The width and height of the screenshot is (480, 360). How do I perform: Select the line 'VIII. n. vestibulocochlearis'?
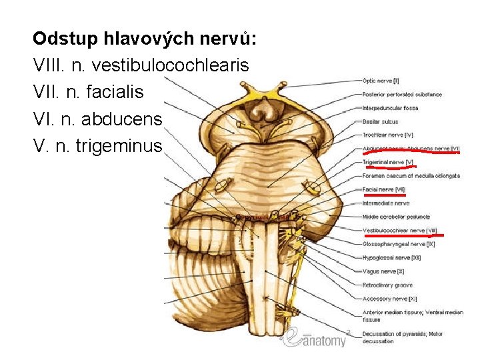tap(141, 65)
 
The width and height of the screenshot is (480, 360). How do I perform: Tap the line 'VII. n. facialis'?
tap(88, 91)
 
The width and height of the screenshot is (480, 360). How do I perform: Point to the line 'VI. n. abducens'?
tap(97, 118)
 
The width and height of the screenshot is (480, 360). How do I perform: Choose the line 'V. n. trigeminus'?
tap(97, 145)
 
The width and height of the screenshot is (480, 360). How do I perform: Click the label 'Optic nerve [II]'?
tap(381, 81)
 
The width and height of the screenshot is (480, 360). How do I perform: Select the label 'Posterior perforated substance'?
tap(402, 95)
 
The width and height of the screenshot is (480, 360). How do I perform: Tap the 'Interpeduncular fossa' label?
tap(390, 108)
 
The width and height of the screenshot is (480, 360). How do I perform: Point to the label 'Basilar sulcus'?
tap(380, 122)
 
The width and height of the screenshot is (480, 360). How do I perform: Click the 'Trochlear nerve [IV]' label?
tap(388, 135)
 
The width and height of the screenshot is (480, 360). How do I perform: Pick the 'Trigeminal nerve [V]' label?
tap(388, 162)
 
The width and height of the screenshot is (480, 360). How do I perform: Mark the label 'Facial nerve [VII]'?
tap(384, 189)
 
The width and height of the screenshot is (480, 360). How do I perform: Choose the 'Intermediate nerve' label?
tap(385, 203)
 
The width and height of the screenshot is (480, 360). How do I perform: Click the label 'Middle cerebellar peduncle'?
tap(396, 217)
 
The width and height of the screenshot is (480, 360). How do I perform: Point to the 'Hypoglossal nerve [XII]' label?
tap(391, 257)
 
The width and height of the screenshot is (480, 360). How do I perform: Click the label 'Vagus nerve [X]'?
tap(383, 271)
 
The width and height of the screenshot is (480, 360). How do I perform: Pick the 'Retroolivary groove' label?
tap(387, 285)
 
